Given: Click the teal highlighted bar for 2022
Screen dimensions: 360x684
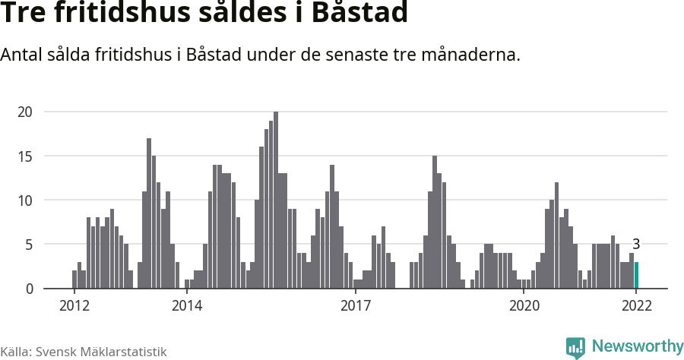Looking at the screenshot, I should pos(637,275).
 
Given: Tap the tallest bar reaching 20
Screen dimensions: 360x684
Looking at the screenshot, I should pos(276,201).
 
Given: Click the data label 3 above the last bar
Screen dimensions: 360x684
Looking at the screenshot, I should pos(637,245).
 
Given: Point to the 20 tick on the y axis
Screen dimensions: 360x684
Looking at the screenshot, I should pos(26,112).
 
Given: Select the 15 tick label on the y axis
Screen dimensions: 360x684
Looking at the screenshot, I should pos(26,156).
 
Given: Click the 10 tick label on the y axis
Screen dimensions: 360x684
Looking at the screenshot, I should pos(26,200).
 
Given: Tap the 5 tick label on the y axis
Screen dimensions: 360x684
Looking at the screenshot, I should pos(29,245).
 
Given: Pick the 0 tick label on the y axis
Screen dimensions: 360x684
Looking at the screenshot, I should pos(29,289).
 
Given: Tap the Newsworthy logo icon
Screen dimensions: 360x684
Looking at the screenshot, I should pos(575,347).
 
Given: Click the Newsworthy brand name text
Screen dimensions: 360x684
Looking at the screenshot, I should pos(637,346).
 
